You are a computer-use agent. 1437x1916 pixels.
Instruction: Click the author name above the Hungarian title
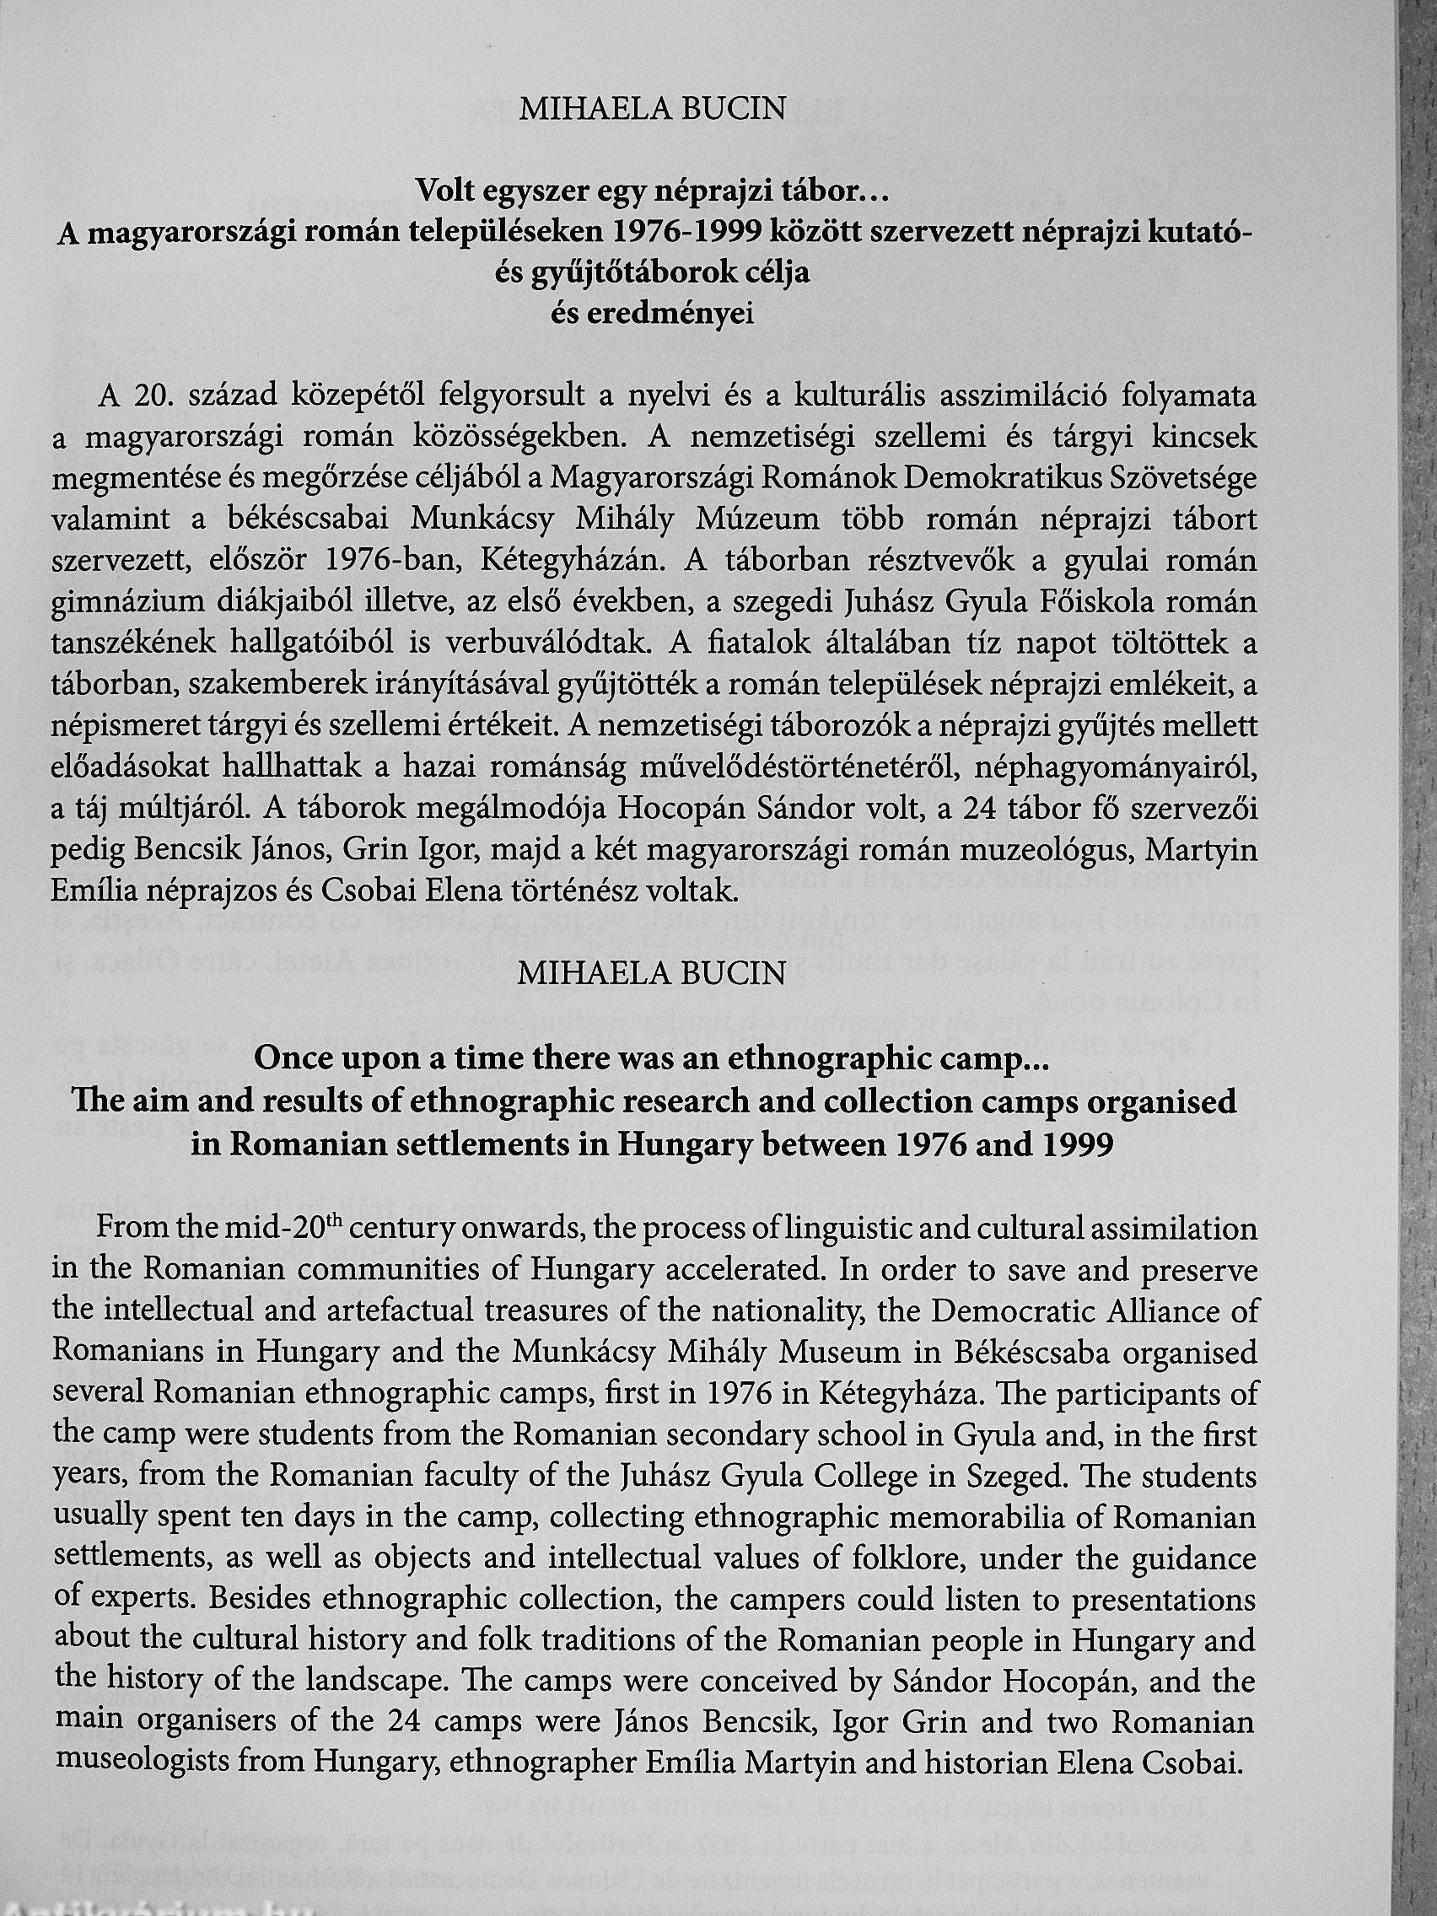(x=651, y=110)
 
